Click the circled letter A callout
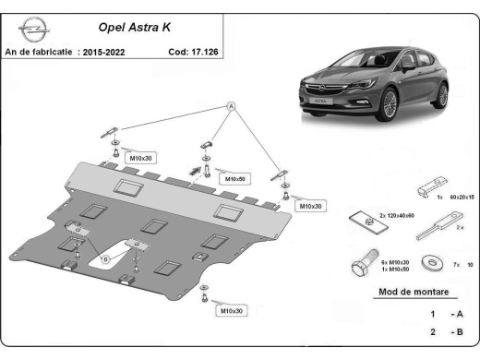pos(232,108)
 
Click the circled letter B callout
pos(105,259)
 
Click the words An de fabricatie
pos(40,52)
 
